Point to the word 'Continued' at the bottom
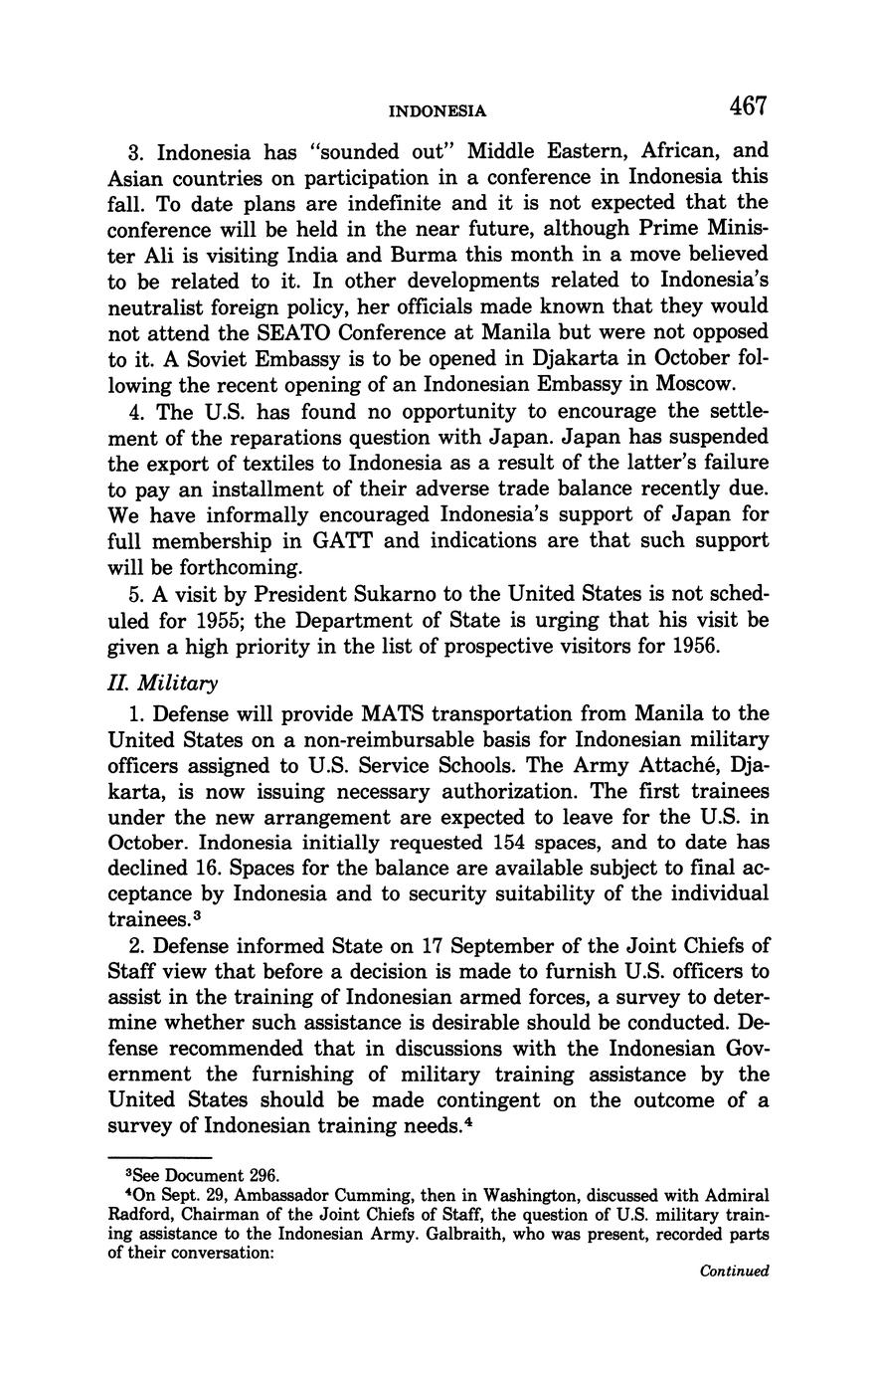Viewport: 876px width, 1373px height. pyautogui.click(x=735, y=1271)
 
